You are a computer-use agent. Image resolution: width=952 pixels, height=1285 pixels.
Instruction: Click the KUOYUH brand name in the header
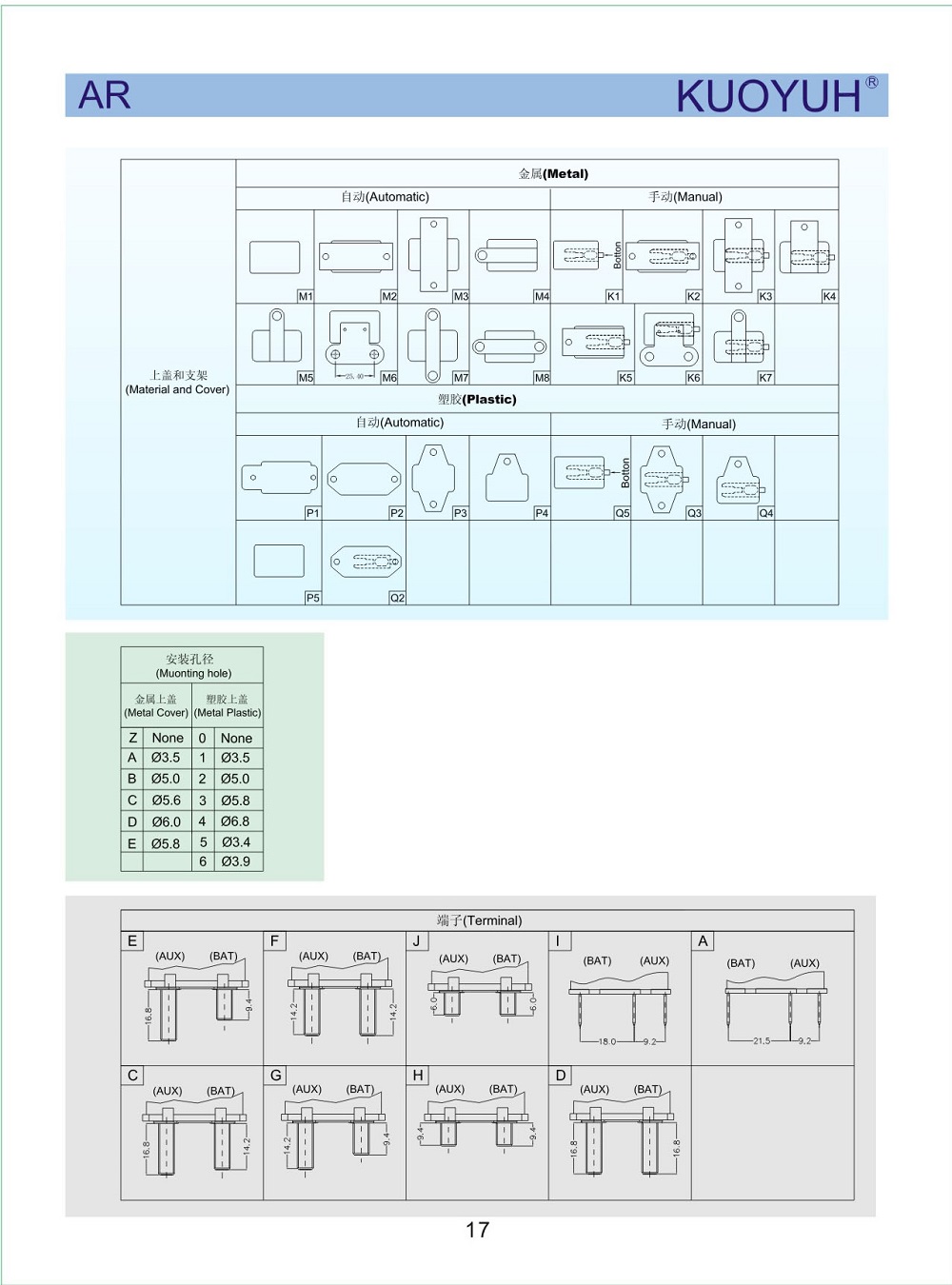coord(768,96)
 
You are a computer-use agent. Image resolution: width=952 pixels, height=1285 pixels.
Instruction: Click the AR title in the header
coord(105,95)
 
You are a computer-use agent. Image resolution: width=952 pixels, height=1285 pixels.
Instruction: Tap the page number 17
coord(477,1230)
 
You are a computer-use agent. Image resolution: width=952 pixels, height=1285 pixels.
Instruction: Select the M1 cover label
coord(306,297)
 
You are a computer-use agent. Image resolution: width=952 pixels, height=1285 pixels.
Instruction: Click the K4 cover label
coord(829,297)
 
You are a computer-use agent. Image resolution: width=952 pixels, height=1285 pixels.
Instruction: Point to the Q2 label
coord(397,598)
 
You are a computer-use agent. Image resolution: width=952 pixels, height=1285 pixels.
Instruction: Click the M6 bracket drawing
coord(354,343)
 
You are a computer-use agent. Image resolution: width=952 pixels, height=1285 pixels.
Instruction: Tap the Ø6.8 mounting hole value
coord(235,820)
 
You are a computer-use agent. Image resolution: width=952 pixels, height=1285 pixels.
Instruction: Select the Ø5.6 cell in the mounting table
coord(166,801)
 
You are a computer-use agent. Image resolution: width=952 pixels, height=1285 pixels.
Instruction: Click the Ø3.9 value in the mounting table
coord(235,861)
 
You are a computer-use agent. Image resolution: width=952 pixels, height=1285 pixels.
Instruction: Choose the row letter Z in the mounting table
coord(132,738)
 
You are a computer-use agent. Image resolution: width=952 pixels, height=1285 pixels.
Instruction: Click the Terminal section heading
coord(479,920)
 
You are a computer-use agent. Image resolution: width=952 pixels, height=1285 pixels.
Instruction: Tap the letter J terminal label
coord(416,941)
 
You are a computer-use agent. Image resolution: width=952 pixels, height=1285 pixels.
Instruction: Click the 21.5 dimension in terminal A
coord(762,1041)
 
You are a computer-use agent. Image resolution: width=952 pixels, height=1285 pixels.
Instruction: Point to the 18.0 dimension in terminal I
coord(607,1041)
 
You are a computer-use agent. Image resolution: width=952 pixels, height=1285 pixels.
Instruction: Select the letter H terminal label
coord(418,1076)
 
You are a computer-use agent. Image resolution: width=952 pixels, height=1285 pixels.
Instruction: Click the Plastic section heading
coord(477,400)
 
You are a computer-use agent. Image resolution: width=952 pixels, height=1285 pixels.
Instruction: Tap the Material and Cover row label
coord(178,383)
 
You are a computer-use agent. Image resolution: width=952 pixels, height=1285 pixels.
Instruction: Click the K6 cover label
coord(693,378)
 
